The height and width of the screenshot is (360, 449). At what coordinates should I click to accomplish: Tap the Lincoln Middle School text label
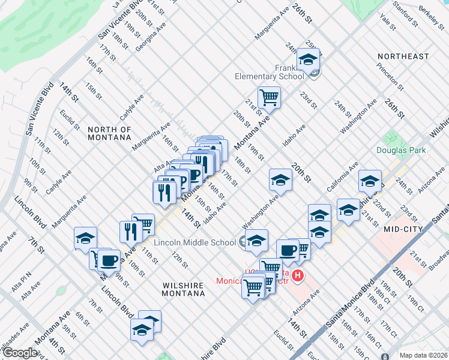pyautogui.click(x=195, y=242)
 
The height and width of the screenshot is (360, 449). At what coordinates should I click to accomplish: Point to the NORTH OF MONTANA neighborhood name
pyautogui.click(x=109, y=133)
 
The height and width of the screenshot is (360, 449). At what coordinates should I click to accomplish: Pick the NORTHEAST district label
pyautogui.click(x=403, y=56)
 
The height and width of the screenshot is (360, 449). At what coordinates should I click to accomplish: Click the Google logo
pyautogui.click(x=19, y=352)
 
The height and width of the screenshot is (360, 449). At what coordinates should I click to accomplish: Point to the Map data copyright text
pyautogui.click(x=423, y=355)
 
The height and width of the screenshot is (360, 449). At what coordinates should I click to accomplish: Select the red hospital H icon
pyautogui.click(x=297, y=275)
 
